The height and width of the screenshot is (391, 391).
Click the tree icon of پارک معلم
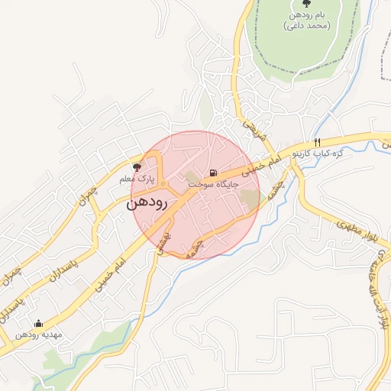pyautogui.click(x=137, y=166)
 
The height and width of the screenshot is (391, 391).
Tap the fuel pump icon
pyautogui.click(x=213, y=172)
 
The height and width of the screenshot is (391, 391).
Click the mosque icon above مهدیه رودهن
pyautogui.click(x=39, y=323)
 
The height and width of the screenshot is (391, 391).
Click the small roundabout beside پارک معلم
pyautogui.click(x=162, y=184)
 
